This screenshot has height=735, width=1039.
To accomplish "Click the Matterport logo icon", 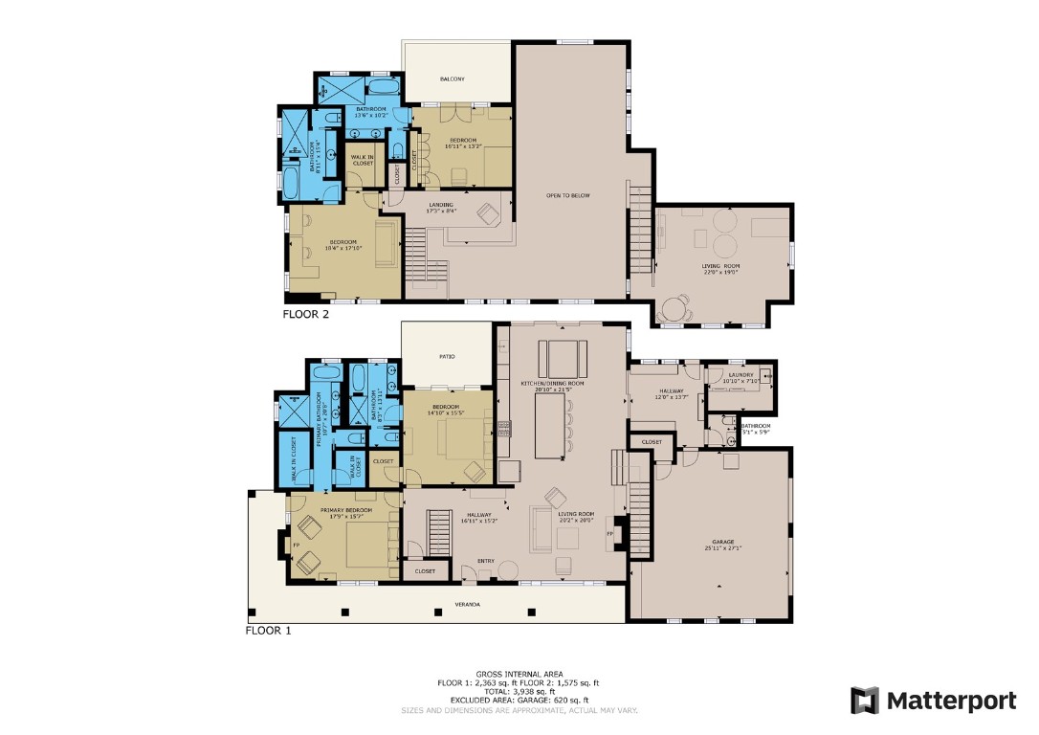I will (x=865, y=701).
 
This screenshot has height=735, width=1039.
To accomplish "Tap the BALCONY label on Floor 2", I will (x=453, y=78).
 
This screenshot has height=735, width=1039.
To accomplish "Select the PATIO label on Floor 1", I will (x=447, y=357).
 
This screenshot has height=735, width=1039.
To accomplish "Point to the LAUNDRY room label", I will (x=741, y=374).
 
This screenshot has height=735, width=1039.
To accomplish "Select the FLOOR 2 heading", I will (x=305, y=313).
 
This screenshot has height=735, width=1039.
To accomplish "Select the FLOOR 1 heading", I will (x=268, y=631).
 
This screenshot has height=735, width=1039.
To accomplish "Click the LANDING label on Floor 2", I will (x=441, y=205).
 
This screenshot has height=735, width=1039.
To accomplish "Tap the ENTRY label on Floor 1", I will (x=487, y=561).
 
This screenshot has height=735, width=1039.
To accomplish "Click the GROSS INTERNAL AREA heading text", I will (x=518, y=674).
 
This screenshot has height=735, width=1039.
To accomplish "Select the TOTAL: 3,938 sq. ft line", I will (x=518, y=692).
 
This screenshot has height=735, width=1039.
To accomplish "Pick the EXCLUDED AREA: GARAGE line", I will (x=518, y=702).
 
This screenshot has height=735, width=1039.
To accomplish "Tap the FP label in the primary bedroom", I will (x=297, y=546).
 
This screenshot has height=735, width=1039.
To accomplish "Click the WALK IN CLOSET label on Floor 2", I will (x=363, y=160).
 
